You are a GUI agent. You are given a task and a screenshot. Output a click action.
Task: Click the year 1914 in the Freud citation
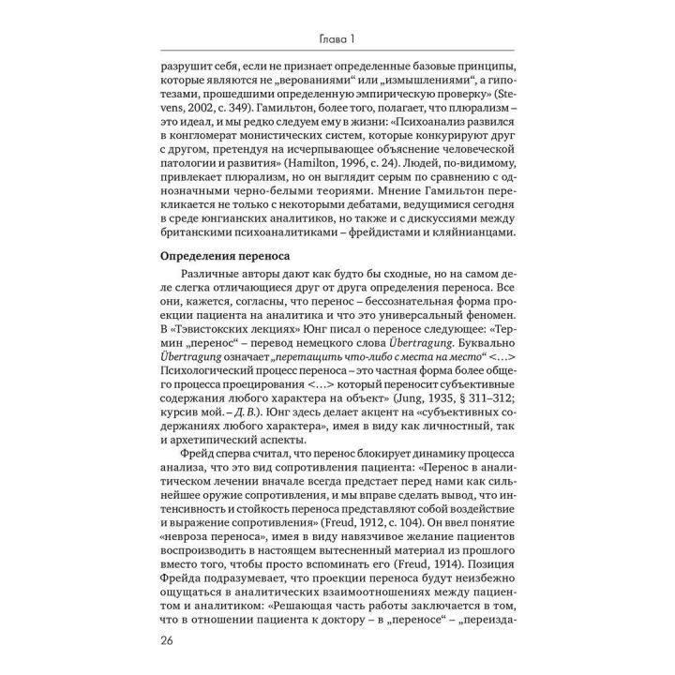(x=431, y=559)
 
